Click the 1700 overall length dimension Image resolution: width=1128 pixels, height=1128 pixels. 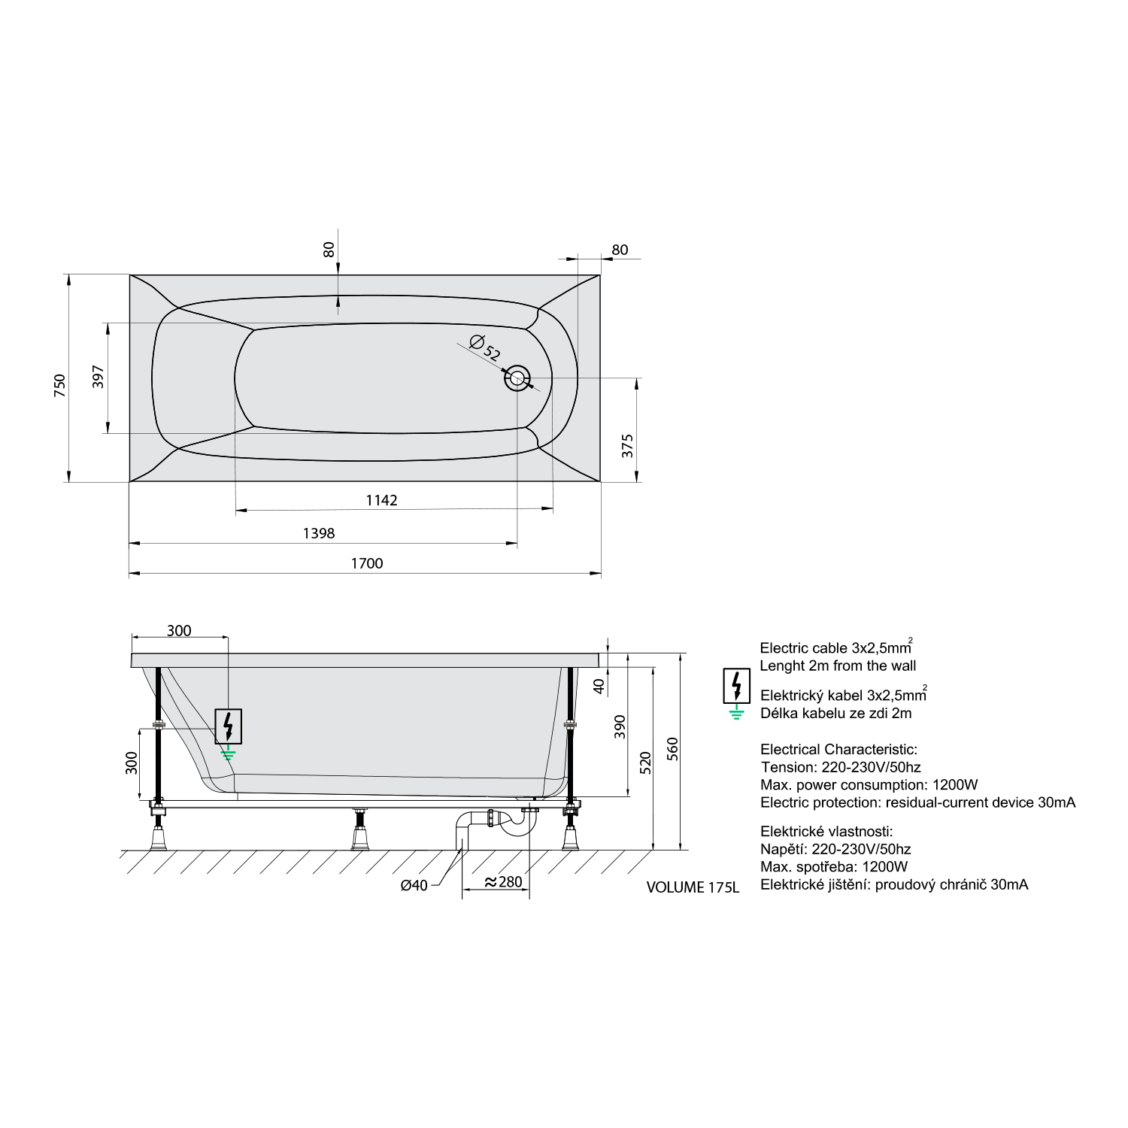pos(367,563)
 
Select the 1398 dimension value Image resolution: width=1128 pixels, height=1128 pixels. pos(319,533)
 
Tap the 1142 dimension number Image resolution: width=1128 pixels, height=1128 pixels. pos(381,500)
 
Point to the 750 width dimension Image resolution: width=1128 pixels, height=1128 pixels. pos(59,385)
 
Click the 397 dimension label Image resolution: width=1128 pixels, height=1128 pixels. pos(98,377)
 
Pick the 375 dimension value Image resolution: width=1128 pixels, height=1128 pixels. pos(628,446)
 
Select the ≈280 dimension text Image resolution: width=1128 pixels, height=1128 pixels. pos(503,882)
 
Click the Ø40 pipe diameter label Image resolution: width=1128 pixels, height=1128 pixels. pos(414,885)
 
